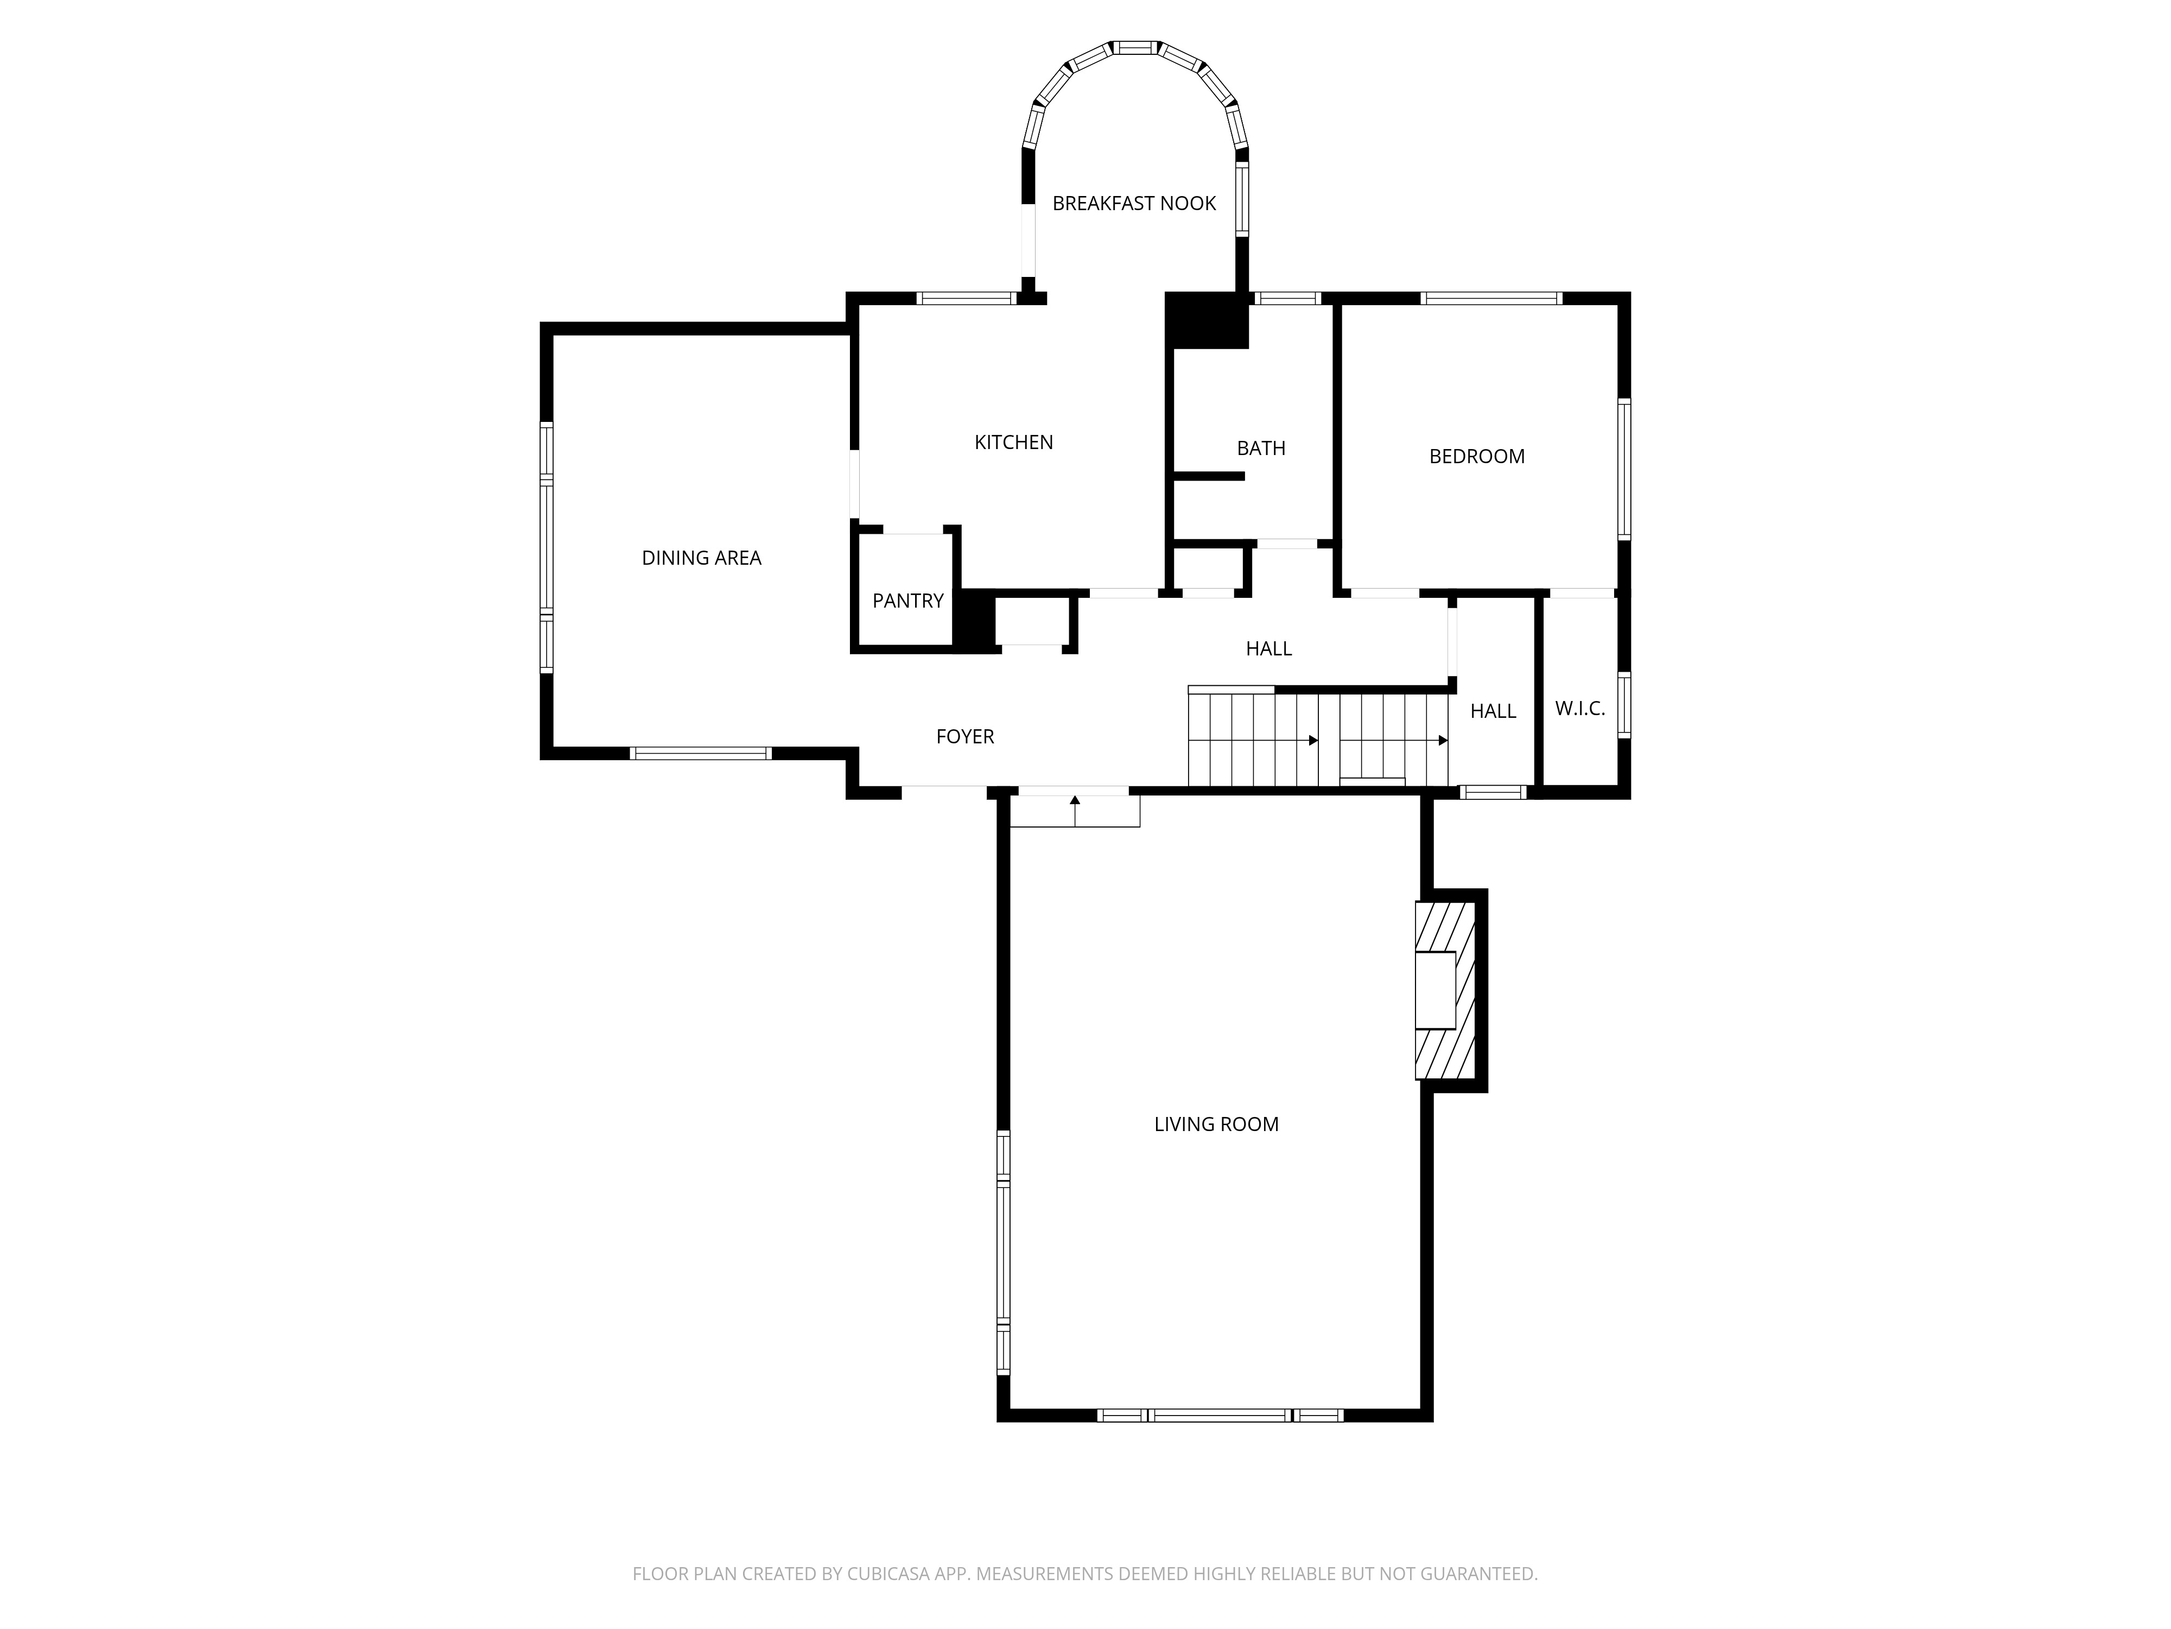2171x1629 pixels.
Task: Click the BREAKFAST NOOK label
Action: [x=1134, y=203]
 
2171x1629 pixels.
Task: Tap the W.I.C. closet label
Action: [x=1579, y=709]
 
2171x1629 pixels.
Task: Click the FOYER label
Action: [x=965, y=736]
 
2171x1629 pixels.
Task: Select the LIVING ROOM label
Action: [x=1216, y=1125]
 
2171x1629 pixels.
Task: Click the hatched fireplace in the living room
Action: [x=1445, y=990]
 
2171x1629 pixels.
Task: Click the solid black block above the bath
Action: [x=1206, y=320]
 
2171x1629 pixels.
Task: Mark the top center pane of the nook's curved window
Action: [x=1135, y=47]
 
